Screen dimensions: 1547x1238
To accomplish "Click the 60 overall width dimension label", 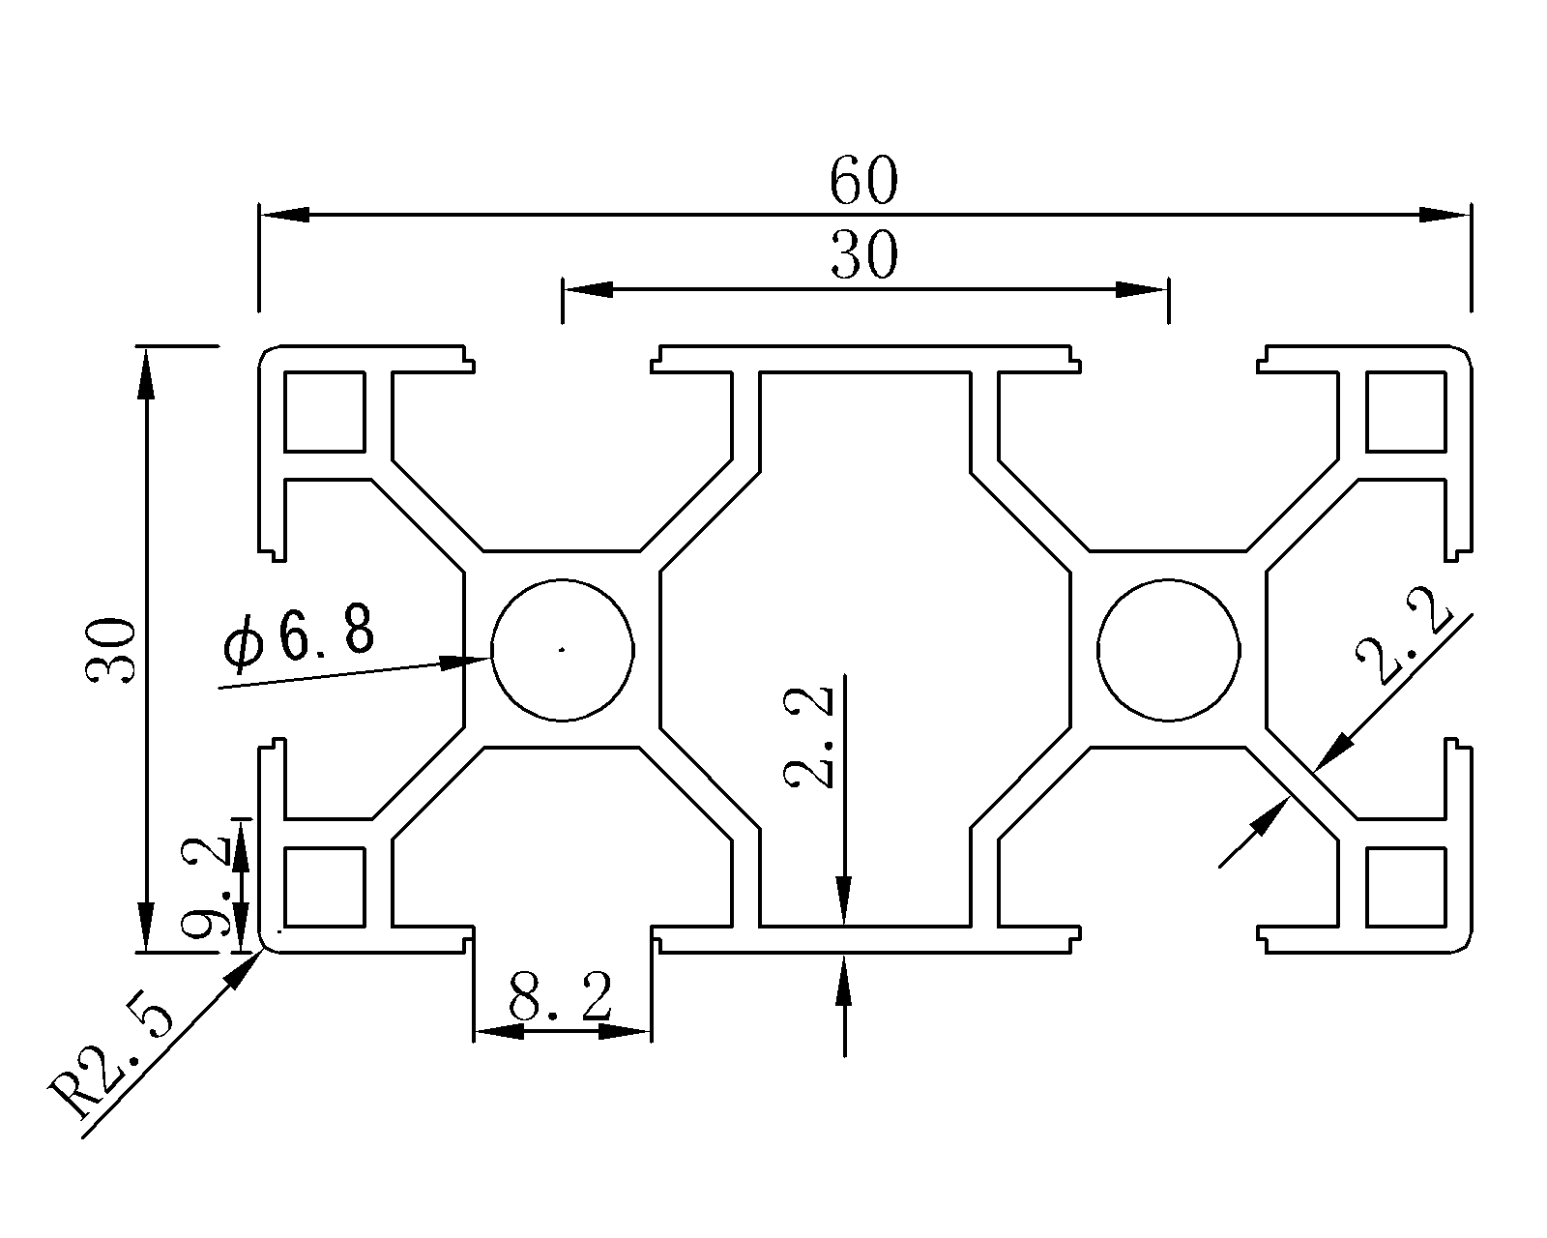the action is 863,181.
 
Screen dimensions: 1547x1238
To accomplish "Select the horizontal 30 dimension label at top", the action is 864,254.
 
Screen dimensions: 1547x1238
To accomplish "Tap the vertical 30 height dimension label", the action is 110,650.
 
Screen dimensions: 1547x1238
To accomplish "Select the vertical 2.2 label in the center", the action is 808,738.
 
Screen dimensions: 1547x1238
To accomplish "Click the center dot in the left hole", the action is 562,650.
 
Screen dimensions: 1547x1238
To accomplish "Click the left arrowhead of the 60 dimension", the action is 284,215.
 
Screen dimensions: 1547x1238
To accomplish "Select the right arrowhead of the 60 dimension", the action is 1445,215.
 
